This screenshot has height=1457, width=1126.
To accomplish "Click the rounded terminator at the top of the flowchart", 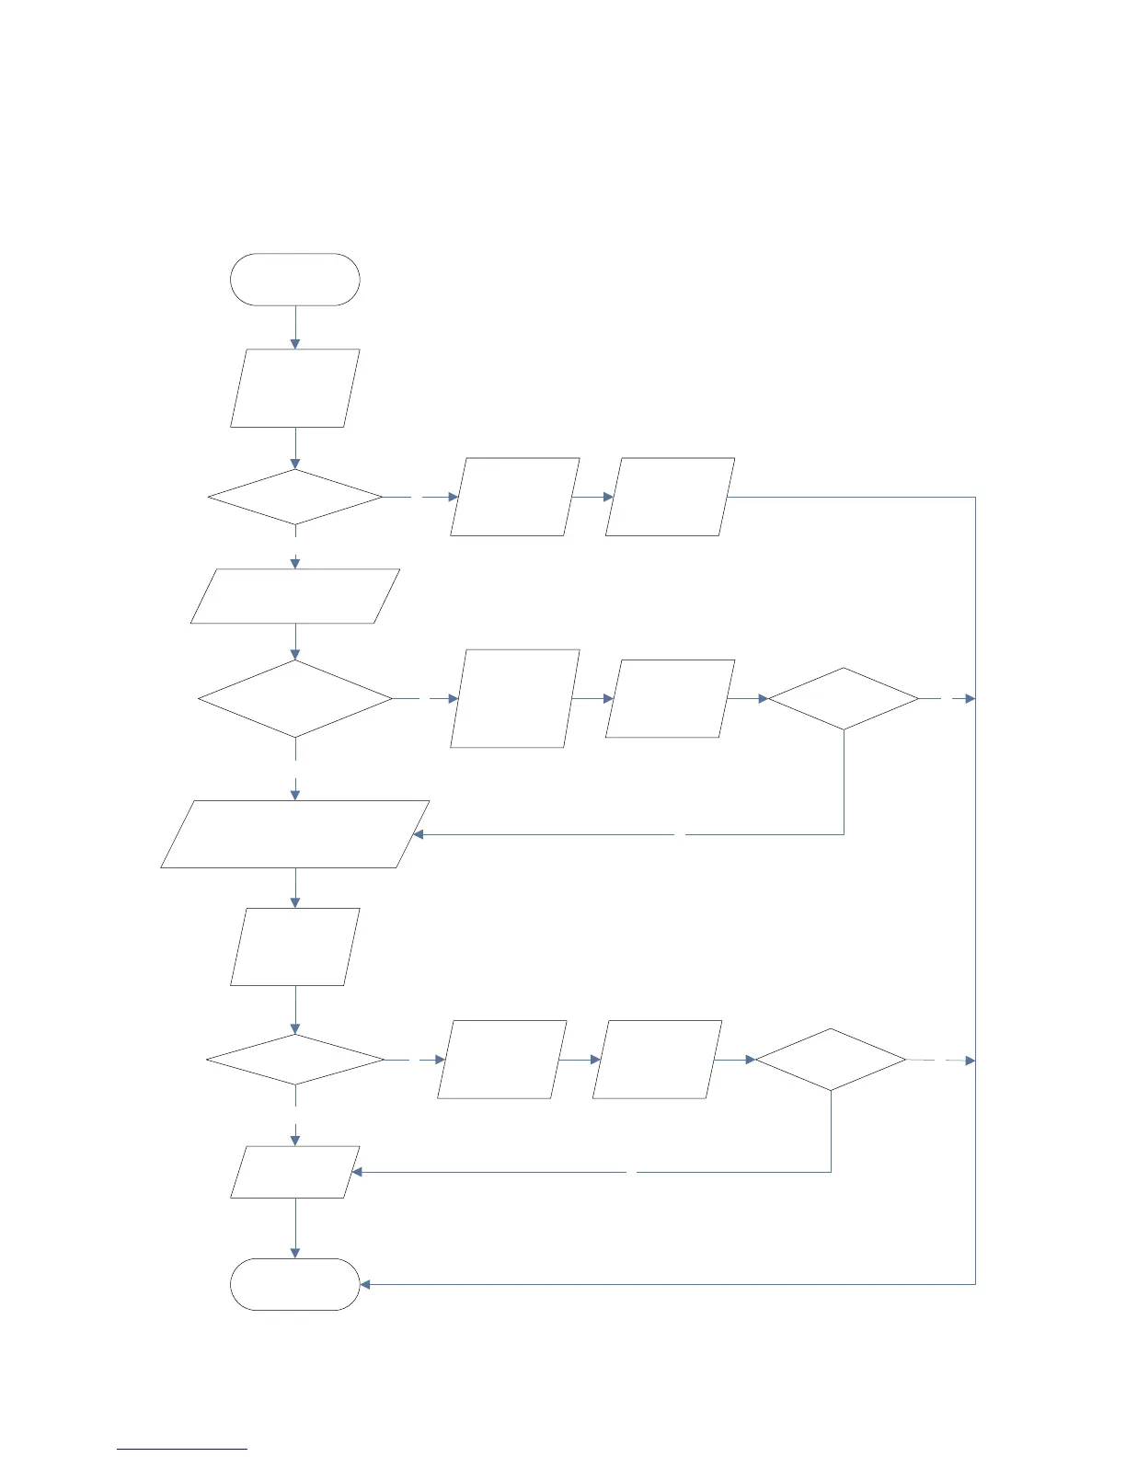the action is (x=294, y=280).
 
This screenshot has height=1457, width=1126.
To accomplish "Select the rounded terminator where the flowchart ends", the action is (x=294, y=1284).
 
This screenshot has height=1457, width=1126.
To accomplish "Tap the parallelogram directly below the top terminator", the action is (x=294, y=388).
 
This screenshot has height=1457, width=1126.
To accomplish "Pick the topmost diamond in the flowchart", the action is (x=294, y=498).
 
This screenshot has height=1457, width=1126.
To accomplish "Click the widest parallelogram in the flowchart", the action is (x=294, y=834).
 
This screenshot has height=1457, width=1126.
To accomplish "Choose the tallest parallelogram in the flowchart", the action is (x=515, y=699).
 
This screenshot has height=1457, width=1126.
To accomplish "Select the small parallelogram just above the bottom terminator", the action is (x=294, y=1172).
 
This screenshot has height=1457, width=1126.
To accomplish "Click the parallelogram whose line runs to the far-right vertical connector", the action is (x=670, y=497).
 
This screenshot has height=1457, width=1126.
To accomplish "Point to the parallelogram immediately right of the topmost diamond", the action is (x=515, y=497).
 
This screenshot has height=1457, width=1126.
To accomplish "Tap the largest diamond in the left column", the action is (x=294, y=699).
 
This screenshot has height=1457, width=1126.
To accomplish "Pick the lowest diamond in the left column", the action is (x=294, y=1061).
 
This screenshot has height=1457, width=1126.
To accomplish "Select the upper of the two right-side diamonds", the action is (x=844, y=699).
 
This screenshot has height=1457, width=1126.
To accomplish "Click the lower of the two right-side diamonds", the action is (x=831, y=1061).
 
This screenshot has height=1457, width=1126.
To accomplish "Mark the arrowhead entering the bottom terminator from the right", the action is (x=365, y=1284).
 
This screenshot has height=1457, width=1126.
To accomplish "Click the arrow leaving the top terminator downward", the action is (x=295, y=327).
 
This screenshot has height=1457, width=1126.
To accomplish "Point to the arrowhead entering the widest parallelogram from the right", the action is (x=419, y=834).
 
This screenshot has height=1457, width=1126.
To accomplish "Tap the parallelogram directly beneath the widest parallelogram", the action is (x=294, y=947).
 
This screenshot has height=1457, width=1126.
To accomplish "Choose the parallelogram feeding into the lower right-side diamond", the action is (x=657, y=1060).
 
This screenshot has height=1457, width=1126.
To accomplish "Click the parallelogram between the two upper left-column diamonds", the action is (x=294, y=596).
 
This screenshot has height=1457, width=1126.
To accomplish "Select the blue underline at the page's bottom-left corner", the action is (x=182, y=1449).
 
